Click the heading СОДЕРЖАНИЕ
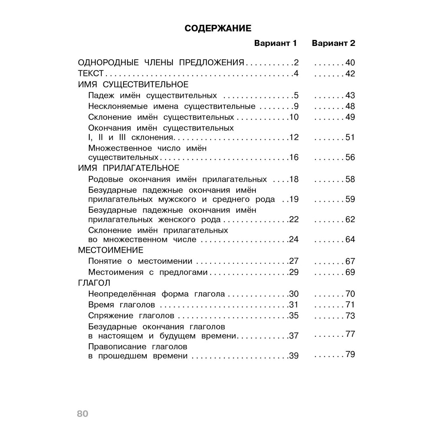coord(218,28)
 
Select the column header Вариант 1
coord(275,43)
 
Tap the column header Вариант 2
coord(333,43)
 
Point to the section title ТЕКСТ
coord(88,73)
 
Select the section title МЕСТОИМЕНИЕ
coord(110,250)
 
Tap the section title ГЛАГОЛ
coord(94,283)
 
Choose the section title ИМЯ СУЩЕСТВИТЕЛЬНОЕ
coord(133,84)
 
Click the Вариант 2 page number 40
coord(350,63)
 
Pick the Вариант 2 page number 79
coord(350,355)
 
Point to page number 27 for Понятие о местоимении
coord(293,261)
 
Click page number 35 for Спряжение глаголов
coord(293,316)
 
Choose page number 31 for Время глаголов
coord(293,305)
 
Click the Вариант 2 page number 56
coord(350,157)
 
